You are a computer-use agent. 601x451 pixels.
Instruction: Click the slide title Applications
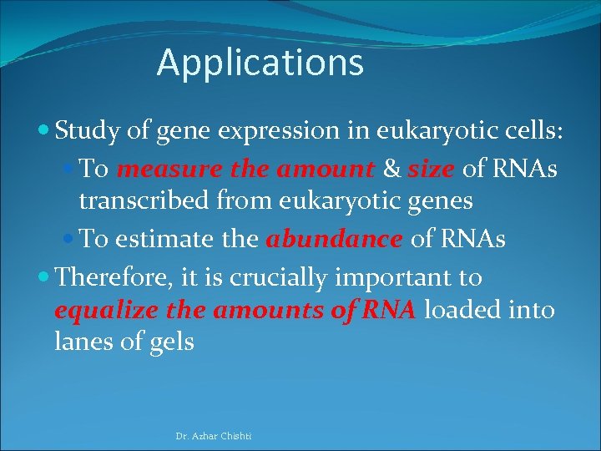(260, 63)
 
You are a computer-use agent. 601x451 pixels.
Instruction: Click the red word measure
(169, 169)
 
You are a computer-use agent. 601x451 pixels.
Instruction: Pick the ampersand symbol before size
(391, 169)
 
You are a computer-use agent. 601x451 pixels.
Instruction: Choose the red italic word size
(431, 169)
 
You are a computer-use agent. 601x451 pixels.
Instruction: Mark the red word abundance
(334, 239)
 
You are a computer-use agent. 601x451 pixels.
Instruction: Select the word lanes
(79, 342)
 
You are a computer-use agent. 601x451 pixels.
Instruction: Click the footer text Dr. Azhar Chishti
(214, 436)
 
